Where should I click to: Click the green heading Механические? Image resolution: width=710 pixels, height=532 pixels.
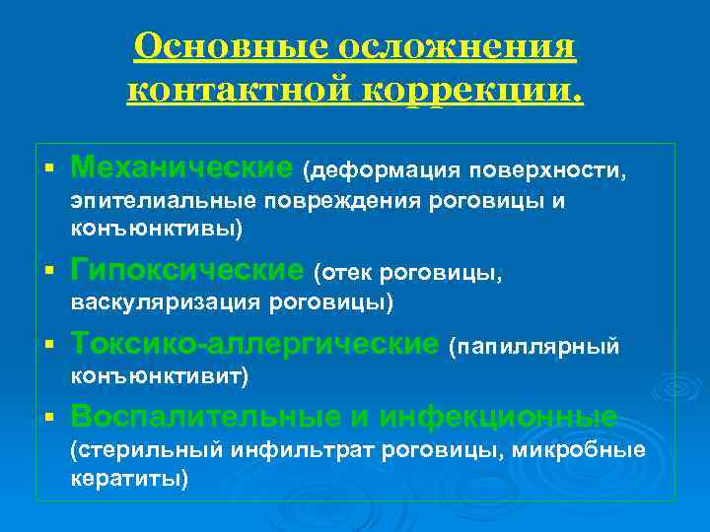pos(182,166)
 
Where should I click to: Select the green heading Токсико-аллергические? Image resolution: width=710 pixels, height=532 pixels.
pos(254,344)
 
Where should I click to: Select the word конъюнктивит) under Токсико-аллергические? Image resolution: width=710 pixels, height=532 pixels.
pos(159,376)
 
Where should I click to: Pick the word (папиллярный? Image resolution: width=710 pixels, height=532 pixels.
pos(533,346)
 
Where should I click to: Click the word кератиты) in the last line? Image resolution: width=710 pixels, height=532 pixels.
pos(128,479)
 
